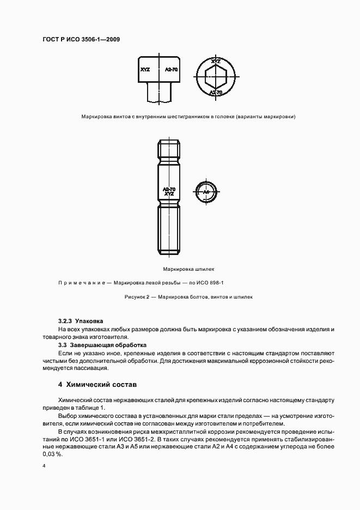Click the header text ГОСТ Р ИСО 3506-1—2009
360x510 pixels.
[x=82, y=39]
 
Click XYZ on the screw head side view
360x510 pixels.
[x=145, y=70]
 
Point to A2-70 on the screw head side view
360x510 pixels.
[x=171, y=70]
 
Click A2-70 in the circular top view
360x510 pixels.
[x=216, y=92]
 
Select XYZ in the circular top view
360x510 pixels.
[x=216, y=61]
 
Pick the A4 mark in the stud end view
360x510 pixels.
[x=206, y=192]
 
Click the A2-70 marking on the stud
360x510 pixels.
[x=169, y=189]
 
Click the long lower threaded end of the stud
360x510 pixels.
[x=169, y=229]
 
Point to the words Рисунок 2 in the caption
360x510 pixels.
[x=137, y=297]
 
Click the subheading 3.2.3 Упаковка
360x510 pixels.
[x=81, y=321]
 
